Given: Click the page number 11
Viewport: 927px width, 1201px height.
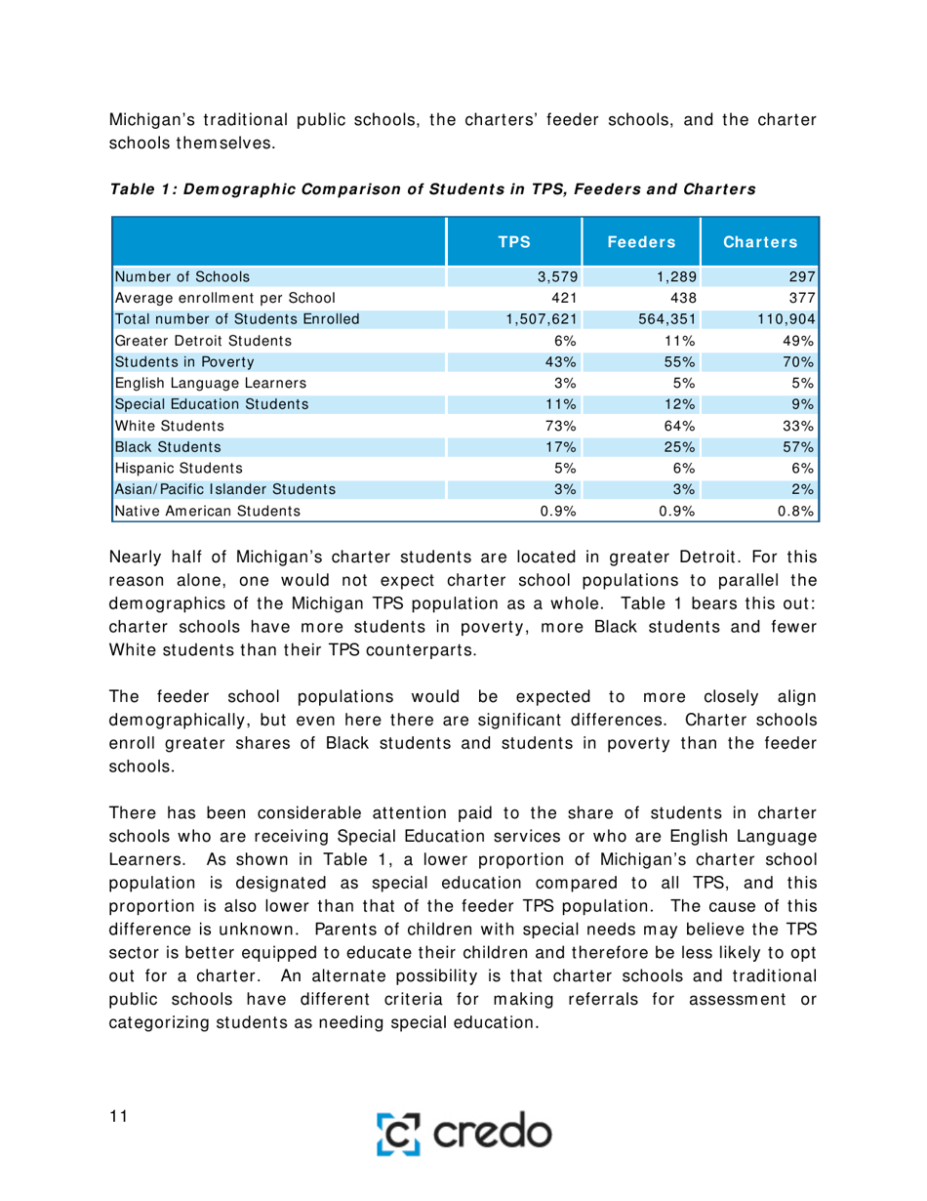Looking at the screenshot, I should click(119, 1118).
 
